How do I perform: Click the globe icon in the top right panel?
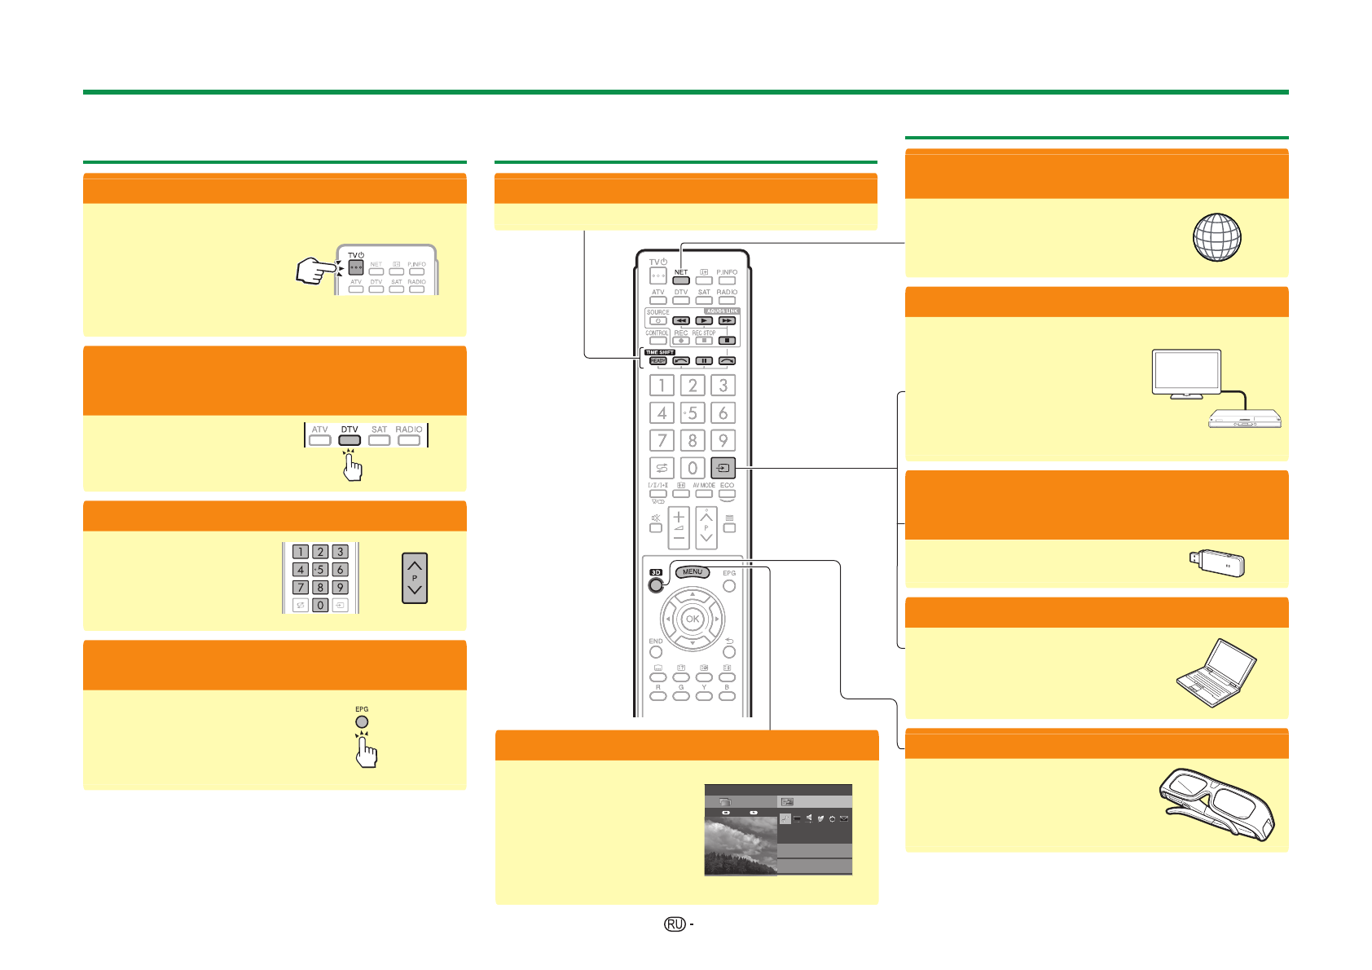1216,237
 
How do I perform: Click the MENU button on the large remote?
693,572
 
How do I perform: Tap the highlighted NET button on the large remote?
681,280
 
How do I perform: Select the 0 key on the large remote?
693,468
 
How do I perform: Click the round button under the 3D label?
656,585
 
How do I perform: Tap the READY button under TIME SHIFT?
658,361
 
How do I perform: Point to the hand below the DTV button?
352,465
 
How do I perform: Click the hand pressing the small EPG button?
366,752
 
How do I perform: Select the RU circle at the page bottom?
674,924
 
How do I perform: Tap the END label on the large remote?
656,642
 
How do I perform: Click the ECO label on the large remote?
728,485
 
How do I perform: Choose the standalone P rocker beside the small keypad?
415,578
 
